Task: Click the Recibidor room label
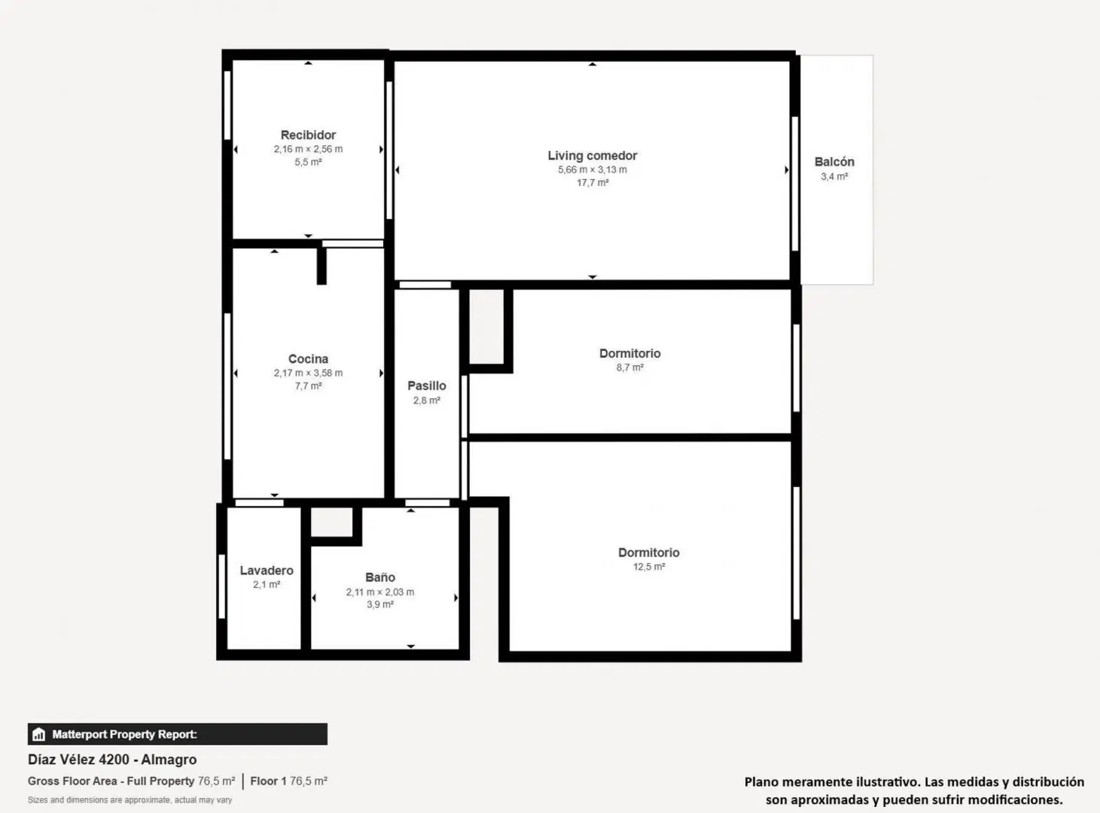308,135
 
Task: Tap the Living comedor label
592,156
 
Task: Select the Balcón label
834,162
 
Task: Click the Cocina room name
308,358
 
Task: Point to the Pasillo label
426,385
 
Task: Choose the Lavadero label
267,571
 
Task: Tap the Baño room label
380,577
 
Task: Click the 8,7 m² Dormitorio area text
630,367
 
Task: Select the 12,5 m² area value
649,567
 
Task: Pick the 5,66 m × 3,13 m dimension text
592,169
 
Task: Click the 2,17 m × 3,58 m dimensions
308,373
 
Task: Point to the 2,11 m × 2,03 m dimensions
380,592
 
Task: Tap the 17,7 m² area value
592,182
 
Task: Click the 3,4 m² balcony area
834,176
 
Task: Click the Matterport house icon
38,734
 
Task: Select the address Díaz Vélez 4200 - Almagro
112,760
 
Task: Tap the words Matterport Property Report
124,734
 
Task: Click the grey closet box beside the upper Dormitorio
486,327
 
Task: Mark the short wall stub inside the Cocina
321,266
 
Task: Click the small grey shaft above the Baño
332,522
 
